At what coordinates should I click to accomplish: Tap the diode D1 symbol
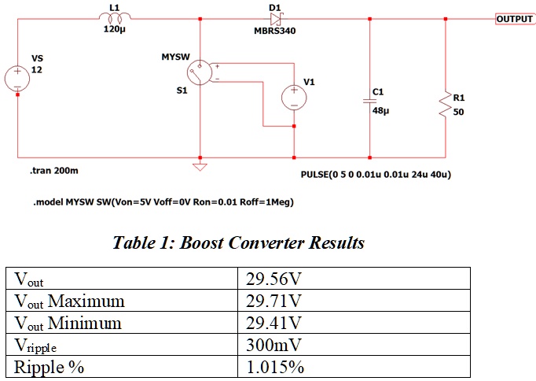(275, 18)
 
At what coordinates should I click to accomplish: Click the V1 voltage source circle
(294, 97)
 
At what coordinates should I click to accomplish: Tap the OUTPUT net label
(514, 18)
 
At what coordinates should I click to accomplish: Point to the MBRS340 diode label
(274, 32)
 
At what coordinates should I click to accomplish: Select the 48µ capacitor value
(381, 111)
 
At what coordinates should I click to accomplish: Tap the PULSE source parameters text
(375, 173)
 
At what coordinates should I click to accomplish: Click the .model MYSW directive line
(163, 202)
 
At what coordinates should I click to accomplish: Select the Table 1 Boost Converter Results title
(240, 243)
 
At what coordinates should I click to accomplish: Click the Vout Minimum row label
(68, 323)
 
